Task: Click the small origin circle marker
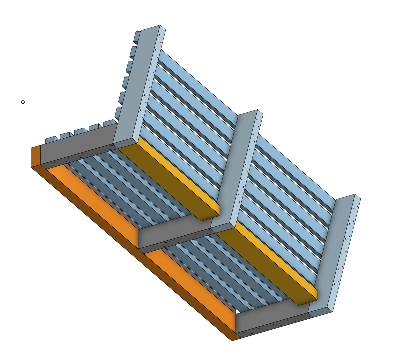23,102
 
